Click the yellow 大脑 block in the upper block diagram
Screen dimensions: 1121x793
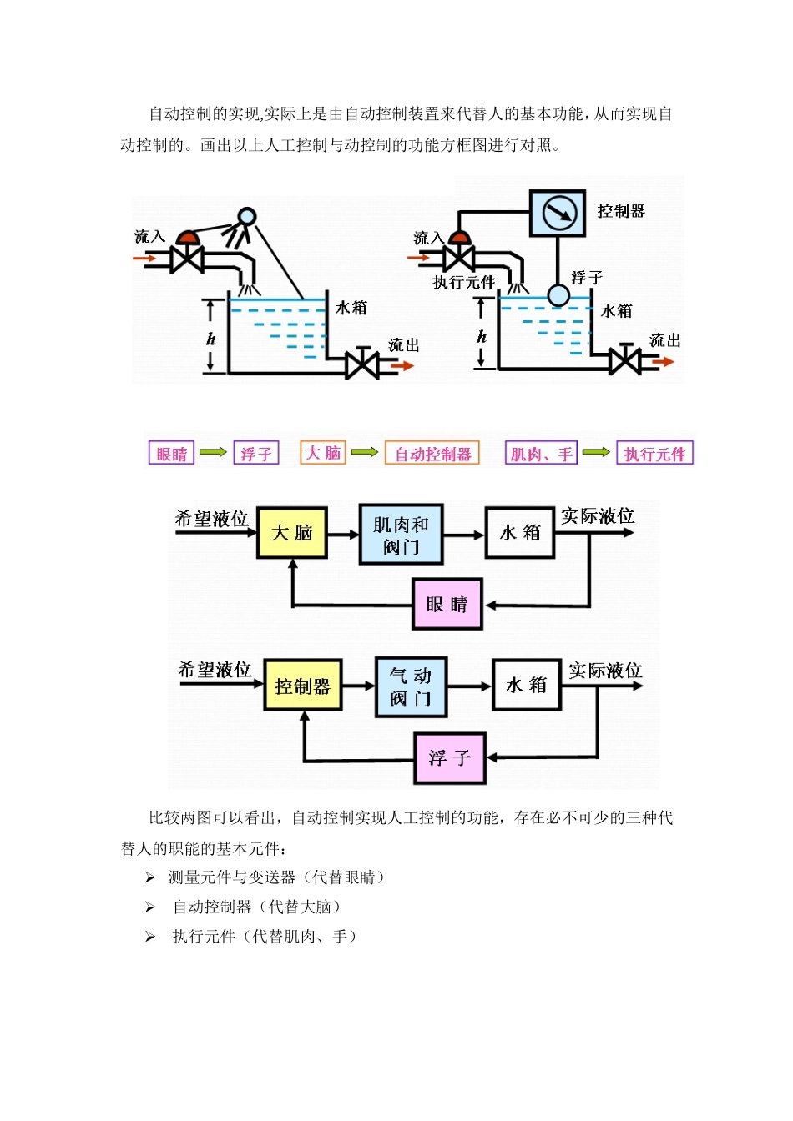coord(291,533)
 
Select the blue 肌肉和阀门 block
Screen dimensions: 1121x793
coord(401,535)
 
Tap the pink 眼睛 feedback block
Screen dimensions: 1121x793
coord(447,604)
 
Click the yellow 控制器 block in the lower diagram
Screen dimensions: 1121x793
coord(302,686)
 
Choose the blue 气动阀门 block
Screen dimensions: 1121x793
coord(411,686)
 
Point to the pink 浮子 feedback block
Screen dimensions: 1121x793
coord(450,758)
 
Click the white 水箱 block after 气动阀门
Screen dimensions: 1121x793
coord(526,686)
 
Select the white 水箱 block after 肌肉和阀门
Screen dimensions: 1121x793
coord(520,533)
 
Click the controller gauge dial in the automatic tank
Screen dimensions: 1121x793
coord(558,212)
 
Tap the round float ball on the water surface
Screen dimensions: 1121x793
coord(558,295)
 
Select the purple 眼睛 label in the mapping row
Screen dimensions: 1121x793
coord(171,454)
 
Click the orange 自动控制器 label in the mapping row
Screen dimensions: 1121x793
coord(432,454)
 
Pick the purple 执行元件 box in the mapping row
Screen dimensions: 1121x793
coord(654,454)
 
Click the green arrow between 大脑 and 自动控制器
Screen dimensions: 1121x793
coord(364,452)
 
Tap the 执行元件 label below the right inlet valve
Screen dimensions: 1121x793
coord(463,283)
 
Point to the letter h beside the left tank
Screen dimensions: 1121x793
coord(210,339)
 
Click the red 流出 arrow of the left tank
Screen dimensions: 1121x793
coord(402,365)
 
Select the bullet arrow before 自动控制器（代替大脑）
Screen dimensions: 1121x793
coord(150,907)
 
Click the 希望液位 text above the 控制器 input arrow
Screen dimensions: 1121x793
coord(215,670)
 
